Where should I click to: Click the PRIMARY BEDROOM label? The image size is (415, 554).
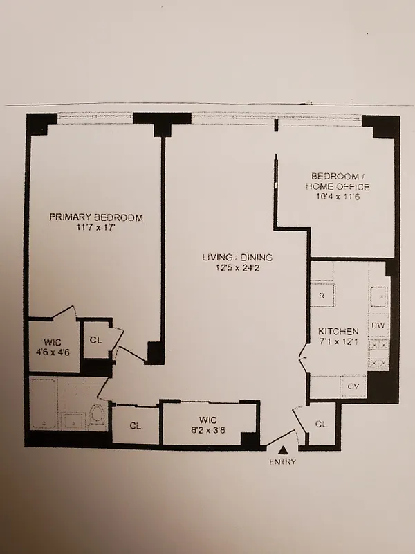click(95, 217)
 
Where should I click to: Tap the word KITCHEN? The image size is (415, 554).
click(338, 332)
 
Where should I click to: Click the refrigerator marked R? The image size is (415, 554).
click(322, 295)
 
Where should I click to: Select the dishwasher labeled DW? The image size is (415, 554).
click(378, 325)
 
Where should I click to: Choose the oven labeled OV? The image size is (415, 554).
click(352, 385)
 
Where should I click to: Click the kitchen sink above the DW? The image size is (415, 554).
click(378, 296)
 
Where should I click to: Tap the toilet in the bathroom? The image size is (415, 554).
click(97, 416)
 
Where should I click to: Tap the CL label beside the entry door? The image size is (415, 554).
click(322, 424)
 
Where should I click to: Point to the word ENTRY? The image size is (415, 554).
click(282, 462)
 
